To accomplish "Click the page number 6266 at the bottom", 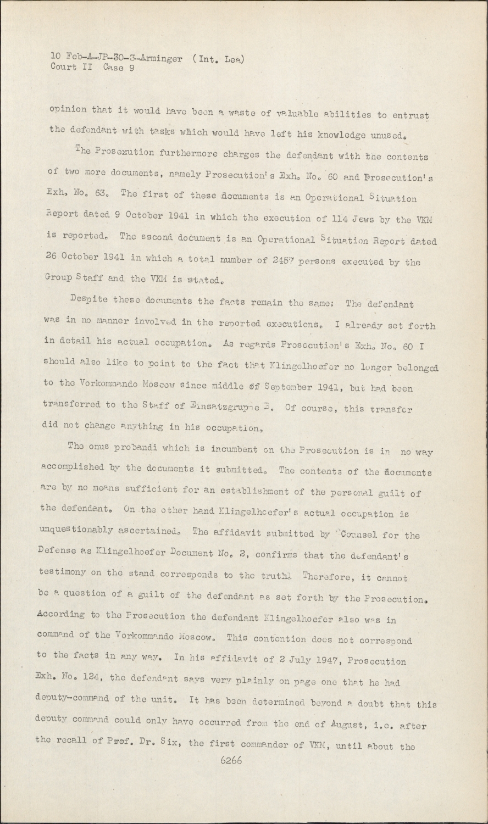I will pos(231,761).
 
